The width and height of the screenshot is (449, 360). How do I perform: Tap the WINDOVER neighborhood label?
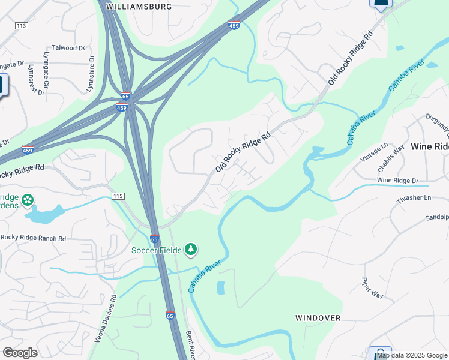tap(318, 317)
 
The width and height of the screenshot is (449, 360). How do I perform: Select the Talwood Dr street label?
tap(68, 48)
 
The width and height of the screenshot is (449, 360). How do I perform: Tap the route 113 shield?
tap(22, 26)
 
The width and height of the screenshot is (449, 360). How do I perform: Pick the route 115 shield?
tap(118, 197)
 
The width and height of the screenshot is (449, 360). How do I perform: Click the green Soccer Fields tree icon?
tap(191, 249)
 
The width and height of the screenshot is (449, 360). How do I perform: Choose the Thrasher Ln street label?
tap(414, 197)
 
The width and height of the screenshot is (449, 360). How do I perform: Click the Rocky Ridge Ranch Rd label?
tap(33, 238)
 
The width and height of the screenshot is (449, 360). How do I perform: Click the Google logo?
tap(20, 353)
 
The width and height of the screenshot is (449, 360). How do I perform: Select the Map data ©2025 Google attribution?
tap(412, 355)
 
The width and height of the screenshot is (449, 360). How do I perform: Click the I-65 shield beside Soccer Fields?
tap(154, 239)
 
